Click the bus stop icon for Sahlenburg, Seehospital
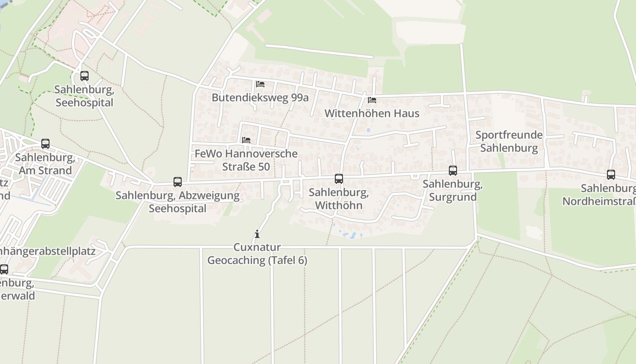[x=84, y=76]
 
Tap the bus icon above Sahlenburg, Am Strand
[x=45, y=144]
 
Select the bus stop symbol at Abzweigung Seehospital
[x=178, y=182]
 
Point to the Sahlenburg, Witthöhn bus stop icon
[x=339, y=179]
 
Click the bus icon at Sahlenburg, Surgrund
[x=453, y=171]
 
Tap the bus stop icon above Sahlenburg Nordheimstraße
[x=611, y=175]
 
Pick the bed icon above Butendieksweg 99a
[x=260, y=84]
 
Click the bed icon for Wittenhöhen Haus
[x=372, y=100]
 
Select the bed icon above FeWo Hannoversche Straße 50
[x=246, y=140]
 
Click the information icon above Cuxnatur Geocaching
[x=257, y=234]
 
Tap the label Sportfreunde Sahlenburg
[x=509, y=142]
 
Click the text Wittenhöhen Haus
[x=372, y=113]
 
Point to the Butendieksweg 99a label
[x=260, y=97]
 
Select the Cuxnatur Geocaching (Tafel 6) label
[x=257, y=254]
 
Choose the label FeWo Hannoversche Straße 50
[x=246, y=160]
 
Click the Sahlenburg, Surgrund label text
[x=452, y=191]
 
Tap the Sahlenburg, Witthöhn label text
[x=338, y=199]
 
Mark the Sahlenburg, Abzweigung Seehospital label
[x=177, y=202]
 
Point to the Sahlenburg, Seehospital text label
[x=84, y=96]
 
